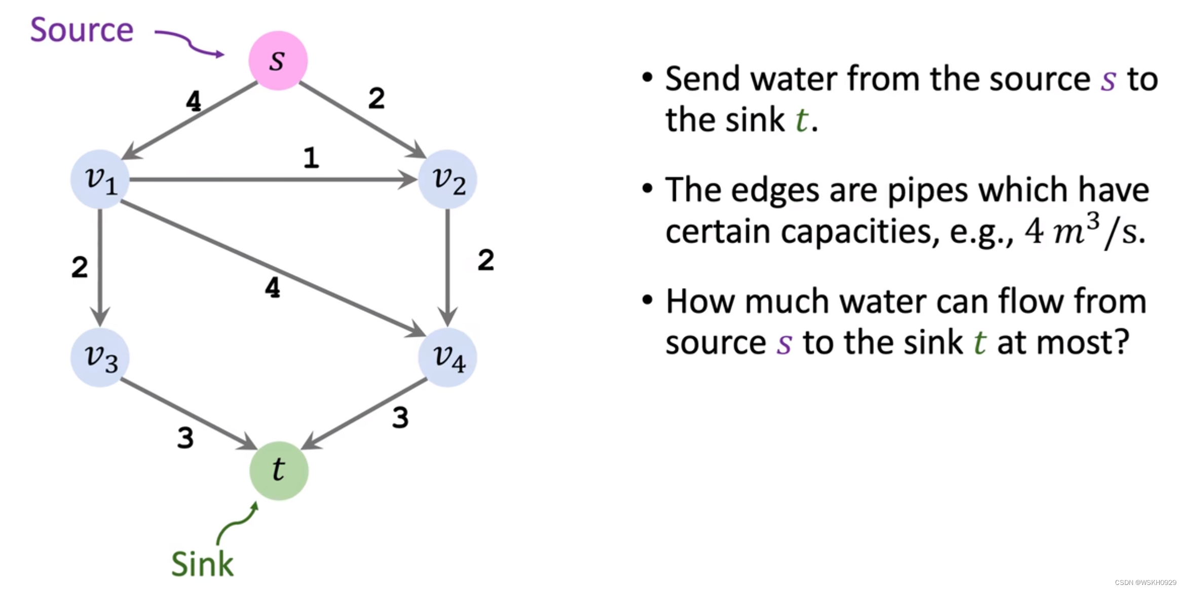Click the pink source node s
(x=278, y=60)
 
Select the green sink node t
(x=279, y=470)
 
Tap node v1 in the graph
(x=100, y=179)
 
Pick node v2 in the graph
(x=447, y=179)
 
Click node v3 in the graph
(x=100, y=358)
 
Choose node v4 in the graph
(x=447, y=358)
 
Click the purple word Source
(x=82, y=30)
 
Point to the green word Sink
(x=202, y=564)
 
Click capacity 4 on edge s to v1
(x=193, y=101)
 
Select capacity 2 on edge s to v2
(x=376, y=98)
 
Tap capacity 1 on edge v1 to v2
(x=311, y=158)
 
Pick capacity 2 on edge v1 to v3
(x=80, y=267)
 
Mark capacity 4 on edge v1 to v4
(x=273, y=288)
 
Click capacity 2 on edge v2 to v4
(x=486, y=260)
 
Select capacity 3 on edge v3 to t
(x=185, y=438)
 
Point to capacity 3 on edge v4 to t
(x=400, y=418)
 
